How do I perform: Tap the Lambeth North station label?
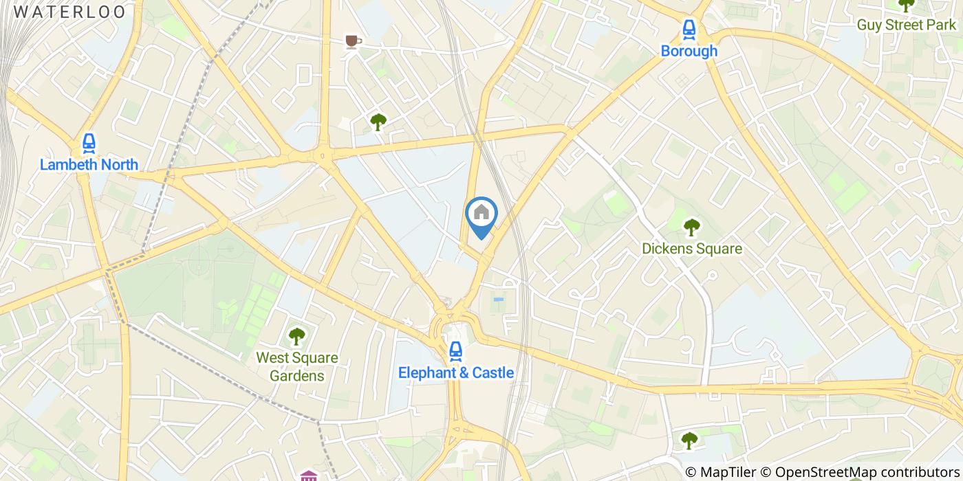click(x=89, y=165)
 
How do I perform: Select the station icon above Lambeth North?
click(x=89, y=143)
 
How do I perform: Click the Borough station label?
click(x=689, y=51)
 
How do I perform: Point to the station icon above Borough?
click(x=689, y=29)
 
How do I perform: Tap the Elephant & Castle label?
click(x=455, y=372)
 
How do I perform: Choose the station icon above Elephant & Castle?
click(x=455, y=351)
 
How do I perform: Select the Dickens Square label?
click(x=692, y=248)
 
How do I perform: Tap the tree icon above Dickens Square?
click(x=691, y=226)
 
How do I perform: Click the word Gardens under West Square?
click(x=296, y=376)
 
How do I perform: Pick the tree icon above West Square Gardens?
click(x=296, y=336)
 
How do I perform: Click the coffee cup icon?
click(x=353, y=42)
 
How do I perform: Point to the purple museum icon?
click(x=309, y=476)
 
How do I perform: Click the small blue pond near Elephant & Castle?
click(x=499, y=300)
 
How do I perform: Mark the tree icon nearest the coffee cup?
click(x=378, y=122)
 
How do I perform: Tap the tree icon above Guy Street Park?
click(x=906, y=5)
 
